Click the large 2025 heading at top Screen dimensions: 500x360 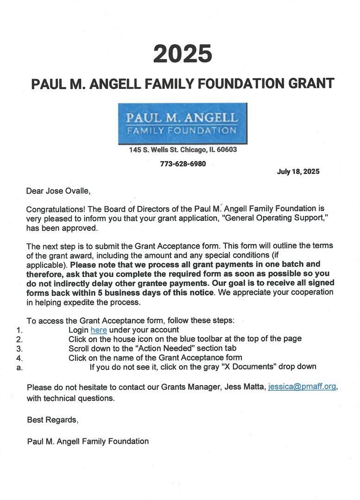coord(183,54)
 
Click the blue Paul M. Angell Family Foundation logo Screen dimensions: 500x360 coord(182,123)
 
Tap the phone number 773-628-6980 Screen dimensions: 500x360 coord(183,164)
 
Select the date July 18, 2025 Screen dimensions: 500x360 coord(298,171)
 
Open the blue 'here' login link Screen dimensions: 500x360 coord(99,330)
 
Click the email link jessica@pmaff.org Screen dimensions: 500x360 coord(302,387)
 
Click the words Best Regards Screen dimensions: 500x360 coord(52,420)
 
